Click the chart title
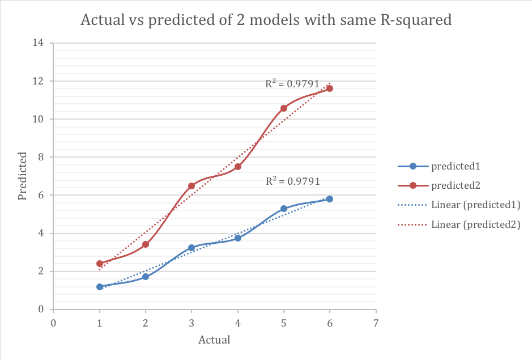tap(266, 20)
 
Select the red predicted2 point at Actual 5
tap(284, 108)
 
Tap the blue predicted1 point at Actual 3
tap(191, 248)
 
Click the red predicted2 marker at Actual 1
tap(100, 264)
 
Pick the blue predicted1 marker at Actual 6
tap(330, 199)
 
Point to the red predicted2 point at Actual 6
tap(330, 88)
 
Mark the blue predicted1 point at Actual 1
tap(100, 287)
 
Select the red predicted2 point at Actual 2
tap(146, 244)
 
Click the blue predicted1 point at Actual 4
tap(238, 238)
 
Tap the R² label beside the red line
tap(292, 84)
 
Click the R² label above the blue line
tap(292, 181)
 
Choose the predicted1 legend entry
tap(455, 166)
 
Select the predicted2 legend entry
tap(455, 185)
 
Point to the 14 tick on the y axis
tap(40, 43)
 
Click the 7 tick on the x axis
tap(376, 323)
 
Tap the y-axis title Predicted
tap(23, 176)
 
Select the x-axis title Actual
tap(214, 340)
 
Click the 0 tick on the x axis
tap(53, 323)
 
